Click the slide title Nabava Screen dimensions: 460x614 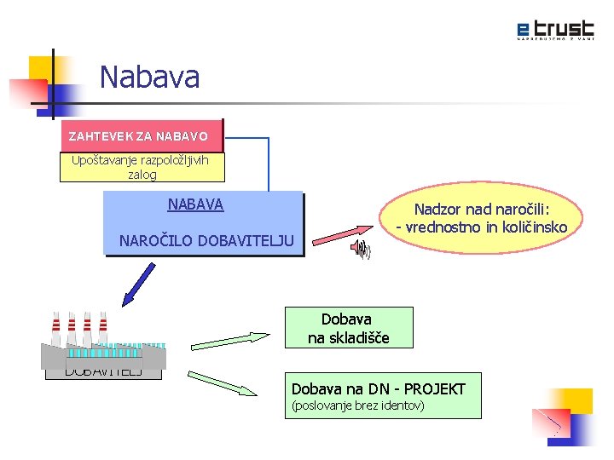point(149,78)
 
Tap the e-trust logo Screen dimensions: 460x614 point(555,30)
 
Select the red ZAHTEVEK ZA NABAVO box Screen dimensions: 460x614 point(138,136)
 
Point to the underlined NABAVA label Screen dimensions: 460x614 point(195,204)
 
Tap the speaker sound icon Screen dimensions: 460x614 point(362,249)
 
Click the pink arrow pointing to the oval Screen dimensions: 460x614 point(344,233)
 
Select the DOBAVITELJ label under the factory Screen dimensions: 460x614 point(103,371)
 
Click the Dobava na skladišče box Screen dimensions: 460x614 point(348,328)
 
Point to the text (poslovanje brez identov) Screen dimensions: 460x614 point(358,405)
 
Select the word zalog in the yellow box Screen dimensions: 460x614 point(142,174)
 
